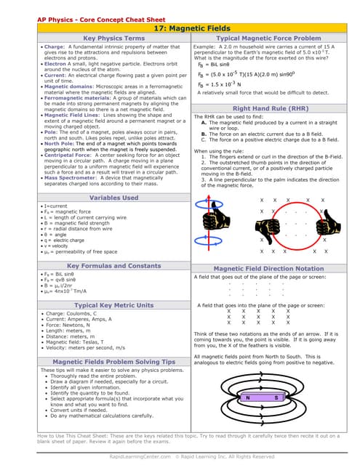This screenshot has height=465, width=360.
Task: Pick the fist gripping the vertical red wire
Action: [213, 218]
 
